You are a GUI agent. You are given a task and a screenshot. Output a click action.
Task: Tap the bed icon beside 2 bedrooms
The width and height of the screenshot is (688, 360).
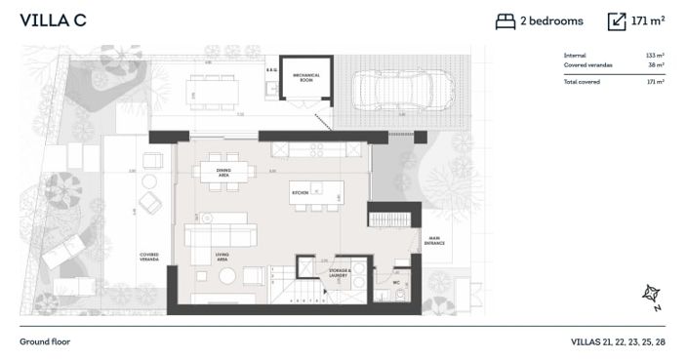[x=506, y=20]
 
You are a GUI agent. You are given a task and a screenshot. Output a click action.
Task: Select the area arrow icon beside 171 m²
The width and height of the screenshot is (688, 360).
[x=617, y=20]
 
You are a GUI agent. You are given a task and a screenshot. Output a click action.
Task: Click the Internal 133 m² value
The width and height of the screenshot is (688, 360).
[x=656, y=56]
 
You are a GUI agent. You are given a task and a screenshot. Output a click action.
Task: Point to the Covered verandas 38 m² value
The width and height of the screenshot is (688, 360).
[x=656, y=64]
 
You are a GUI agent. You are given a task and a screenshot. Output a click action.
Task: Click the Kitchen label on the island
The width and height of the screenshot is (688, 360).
[x=300, y=193]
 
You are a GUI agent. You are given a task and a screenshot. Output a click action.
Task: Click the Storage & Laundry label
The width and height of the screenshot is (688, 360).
[x=339, y=274]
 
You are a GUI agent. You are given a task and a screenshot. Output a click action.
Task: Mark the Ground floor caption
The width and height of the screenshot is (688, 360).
[x=45, y=342]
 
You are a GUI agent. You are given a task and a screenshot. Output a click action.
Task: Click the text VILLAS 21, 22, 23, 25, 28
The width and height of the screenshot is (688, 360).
[x=618, y=342]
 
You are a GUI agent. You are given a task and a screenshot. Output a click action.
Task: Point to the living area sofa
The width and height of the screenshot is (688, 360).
[x=221, y=235]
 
